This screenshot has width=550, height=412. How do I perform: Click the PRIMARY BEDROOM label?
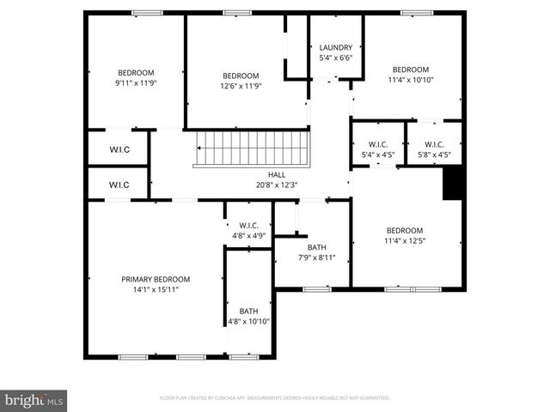pyautogui.click(x=156, y=279)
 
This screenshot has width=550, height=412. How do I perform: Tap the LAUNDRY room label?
pyautogui.click(x=336, y=48)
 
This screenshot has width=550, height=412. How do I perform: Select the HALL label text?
pyautogui.click(x=277, y=174)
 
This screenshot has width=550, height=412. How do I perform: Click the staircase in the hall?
pyautogui.click(x=251, y=148)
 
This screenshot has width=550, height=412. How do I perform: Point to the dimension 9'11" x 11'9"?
pyautogui.click(x=136, y=83)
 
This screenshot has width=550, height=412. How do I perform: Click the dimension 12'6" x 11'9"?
pyautogui.click(x=241, y=86)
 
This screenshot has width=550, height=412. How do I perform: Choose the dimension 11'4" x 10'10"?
pyautogui.click(x=411, y=80)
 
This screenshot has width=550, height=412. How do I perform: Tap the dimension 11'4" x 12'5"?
pyautogui.click(x=404, y=241)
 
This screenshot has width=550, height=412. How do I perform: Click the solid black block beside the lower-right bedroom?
pyautogui.click(x=453, y=183)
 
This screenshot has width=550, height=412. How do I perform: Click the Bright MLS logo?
pyautogui.click(x=34, y=400)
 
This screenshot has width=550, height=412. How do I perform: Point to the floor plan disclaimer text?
pyautogui.click(x=275, y=398)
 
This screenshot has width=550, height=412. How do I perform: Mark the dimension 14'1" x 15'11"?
pyautogui.click(x=156, y=290)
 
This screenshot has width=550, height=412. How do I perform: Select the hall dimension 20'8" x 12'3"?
pyautogui.click(x=277, y=185)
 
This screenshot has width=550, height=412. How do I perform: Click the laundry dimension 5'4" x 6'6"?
pyautogui.click(x=336, y=58)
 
